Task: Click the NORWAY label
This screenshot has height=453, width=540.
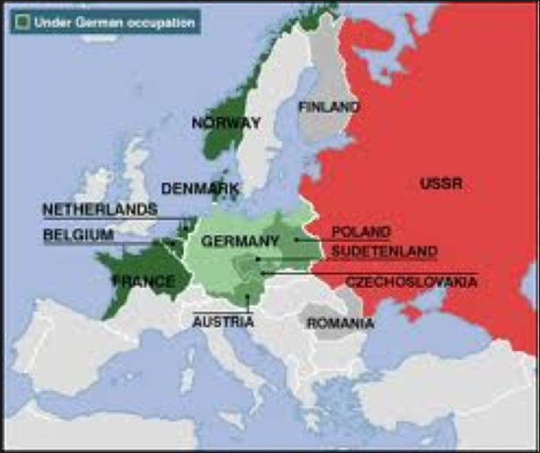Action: pyautogui.click(x=226, y=123)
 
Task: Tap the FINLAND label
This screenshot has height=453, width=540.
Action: pyautogui.click(x=329, y=107)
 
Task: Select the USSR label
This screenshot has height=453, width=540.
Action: pyautogui.click(x=441, y=183)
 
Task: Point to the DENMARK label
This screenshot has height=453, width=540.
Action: pyautogui.click(x=199, y=189)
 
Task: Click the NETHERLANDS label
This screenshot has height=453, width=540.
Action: pyautogui.click(x=99, y=209)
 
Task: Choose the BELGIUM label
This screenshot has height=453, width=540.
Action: pyautogui.click(x=78, y=234)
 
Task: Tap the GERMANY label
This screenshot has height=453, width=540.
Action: pyautogui.click(x=240, y=241)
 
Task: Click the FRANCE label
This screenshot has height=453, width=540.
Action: pyautogui.click(x=143, y=281)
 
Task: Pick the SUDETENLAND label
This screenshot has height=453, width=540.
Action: pyautogui.click(x=383, y=252)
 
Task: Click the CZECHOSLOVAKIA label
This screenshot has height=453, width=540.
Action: pyautogui.click(x=411, y=282)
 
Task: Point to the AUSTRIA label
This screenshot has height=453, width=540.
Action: pyautogui.click(x=223, y=322)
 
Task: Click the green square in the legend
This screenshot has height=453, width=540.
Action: pyautogui.click(x=19, y=20)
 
